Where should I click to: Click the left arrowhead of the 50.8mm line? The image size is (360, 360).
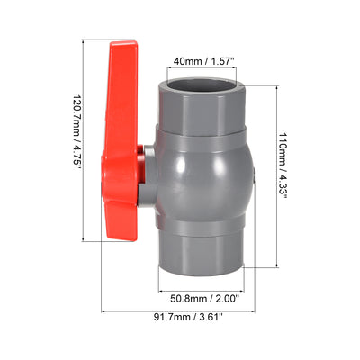tap(161, 284)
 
